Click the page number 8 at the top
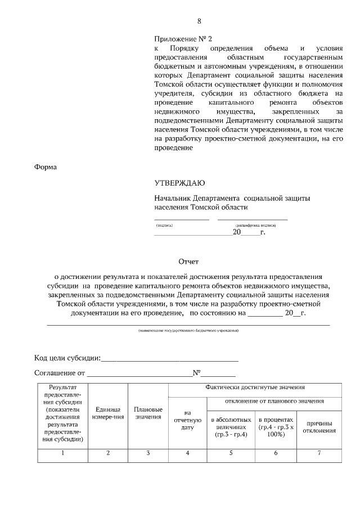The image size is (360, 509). point(199,21)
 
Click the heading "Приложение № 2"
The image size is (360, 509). point(184,39)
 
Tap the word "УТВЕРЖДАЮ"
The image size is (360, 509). point(180,183)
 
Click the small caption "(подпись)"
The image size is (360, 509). point(164,225)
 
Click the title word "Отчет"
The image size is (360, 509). point(188,262)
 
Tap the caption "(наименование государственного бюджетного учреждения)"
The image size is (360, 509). point(188,330)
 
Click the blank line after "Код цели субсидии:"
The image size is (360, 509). point(170,358)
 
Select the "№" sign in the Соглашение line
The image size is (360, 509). point(197,372)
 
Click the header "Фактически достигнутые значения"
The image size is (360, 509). point(255,388)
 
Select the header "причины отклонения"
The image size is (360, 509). point(320,427)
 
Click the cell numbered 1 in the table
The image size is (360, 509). point(62,453)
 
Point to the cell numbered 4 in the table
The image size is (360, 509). point(188,453)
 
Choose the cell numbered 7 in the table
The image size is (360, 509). point(320,453)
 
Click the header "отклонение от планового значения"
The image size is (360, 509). point(274,401)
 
